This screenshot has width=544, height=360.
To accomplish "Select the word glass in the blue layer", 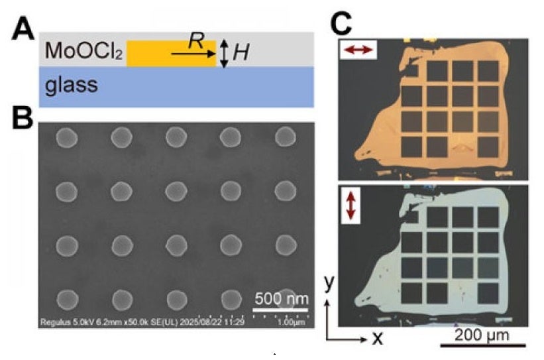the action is tap(72, 85).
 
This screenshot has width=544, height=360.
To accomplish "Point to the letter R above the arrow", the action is tap(194, 41).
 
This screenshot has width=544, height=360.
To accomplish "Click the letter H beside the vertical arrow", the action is tap(241, 53).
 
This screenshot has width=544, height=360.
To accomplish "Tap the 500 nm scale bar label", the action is tap(282, 298).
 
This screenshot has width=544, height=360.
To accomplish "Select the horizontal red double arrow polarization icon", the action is tap(360, 50).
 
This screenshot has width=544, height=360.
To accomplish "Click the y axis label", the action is tap(328, 283).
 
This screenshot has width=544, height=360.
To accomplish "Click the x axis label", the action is tap(378, 338).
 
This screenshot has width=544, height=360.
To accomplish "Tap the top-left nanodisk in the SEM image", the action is tap(67, 138).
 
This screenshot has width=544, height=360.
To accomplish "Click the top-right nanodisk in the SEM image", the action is tap(286, 137).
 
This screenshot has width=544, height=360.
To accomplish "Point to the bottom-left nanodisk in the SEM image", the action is tap(68, 298).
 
